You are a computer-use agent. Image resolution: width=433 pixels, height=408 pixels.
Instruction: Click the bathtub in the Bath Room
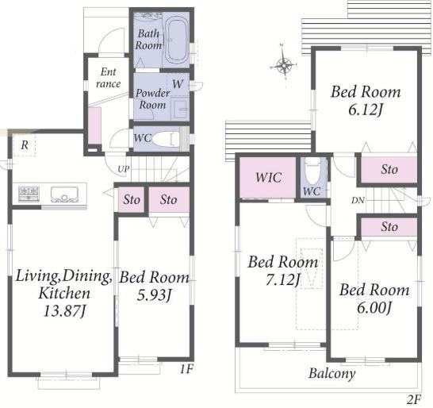(x=177, y=40)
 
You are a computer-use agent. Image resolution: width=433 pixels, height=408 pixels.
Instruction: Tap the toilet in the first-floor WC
(x=166, y=139)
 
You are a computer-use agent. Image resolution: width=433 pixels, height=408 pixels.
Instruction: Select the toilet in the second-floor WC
(x=313, y=171)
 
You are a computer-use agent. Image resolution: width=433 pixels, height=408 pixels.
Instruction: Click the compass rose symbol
(x=283, y=65)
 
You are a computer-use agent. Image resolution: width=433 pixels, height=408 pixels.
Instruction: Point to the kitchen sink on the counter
(x=64, y=194)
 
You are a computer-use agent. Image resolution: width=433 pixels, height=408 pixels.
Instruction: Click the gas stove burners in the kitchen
(x=29, y=193)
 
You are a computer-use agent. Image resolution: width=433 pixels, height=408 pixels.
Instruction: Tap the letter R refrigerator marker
(x=25, y=144)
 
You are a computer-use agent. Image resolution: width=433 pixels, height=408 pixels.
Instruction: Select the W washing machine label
(x=178, y=83)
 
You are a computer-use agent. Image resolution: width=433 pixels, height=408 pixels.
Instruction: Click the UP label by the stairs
(x=123, y=169)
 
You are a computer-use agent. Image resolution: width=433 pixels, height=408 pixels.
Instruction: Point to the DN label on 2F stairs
(x=358, y=200)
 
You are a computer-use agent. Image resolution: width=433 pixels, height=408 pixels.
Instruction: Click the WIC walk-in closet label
(x=268, y=178)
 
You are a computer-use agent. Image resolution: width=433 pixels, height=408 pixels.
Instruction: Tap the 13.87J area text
(x=64, y=311)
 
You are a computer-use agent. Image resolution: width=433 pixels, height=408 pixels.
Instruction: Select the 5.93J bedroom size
(x=154, y=294)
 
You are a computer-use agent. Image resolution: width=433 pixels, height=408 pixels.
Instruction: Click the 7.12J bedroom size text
(x=283, y=279)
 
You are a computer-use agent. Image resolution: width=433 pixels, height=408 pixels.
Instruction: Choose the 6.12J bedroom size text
(x=366, y=110)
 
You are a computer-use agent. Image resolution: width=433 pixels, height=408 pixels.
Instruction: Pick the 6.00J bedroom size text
(x=374, y=307)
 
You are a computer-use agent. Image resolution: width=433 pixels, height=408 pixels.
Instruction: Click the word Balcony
(x=332, y=373)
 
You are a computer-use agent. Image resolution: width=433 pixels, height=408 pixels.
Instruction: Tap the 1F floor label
(x=186, y=369)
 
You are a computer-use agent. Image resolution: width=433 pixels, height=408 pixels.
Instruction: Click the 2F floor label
(x=414, y=399)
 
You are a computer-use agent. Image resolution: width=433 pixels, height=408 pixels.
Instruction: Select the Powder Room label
(x=152, y=98)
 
